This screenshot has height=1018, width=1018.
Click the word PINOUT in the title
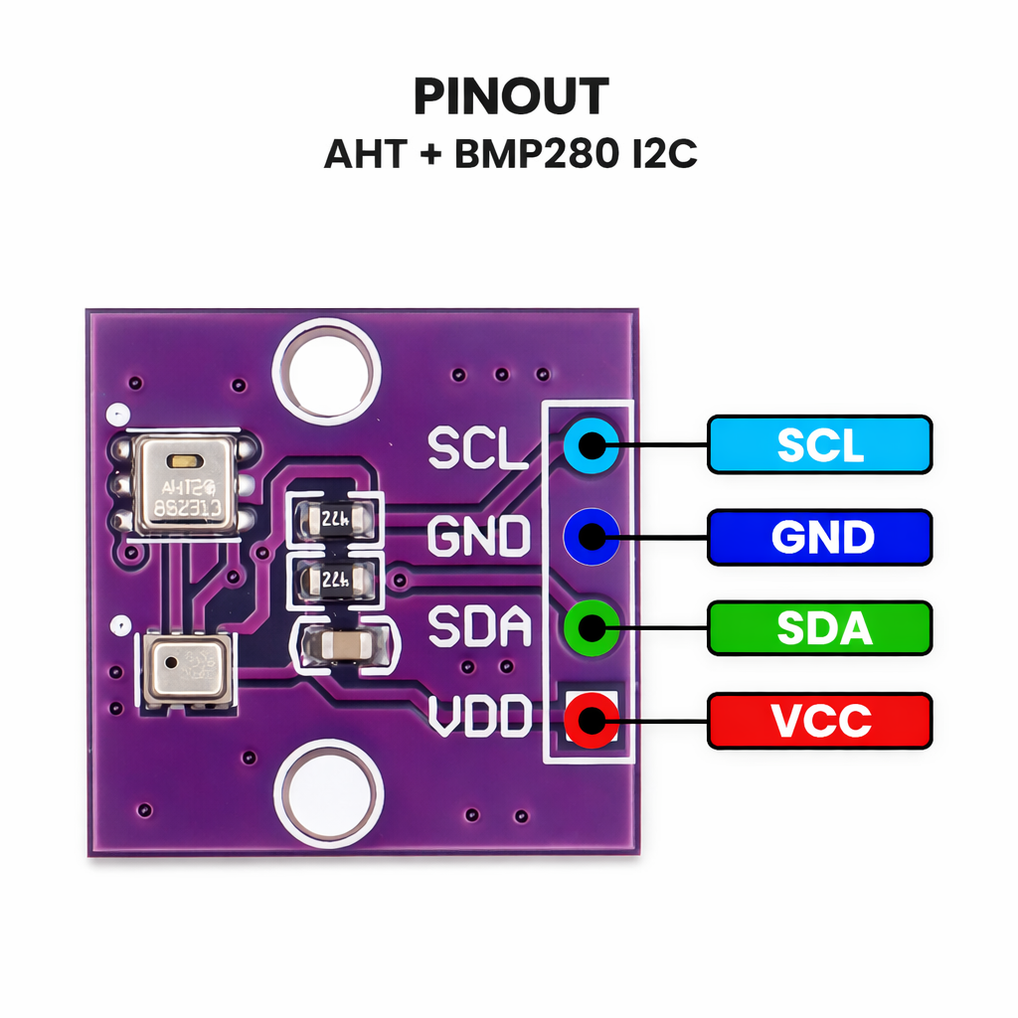[x=510, y=97]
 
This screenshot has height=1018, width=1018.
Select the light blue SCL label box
[x=819, y=444]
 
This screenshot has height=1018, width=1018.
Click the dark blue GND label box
[x=819, y=538]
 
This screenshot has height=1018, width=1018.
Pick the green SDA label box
[x=819, y=628]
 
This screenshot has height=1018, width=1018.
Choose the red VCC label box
[x=819, y=721]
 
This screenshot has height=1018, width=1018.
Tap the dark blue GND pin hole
[x=591, y=537]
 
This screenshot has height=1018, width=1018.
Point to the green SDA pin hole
[x=591, y=627]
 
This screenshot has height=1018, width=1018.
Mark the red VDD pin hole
[x=591, y=718]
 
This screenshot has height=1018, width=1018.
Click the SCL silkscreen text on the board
[x=477, y=449]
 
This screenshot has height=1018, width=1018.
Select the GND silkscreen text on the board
[x=479, y=538]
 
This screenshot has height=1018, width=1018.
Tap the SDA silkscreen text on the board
[x=479, y=627]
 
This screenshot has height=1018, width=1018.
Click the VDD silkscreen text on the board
[x=479, y=716]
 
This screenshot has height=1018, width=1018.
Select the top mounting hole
[x=326, y=369]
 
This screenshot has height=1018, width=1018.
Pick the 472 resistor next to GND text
[x=333, y=518]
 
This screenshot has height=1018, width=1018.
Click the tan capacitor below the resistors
[x=340, y=646]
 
